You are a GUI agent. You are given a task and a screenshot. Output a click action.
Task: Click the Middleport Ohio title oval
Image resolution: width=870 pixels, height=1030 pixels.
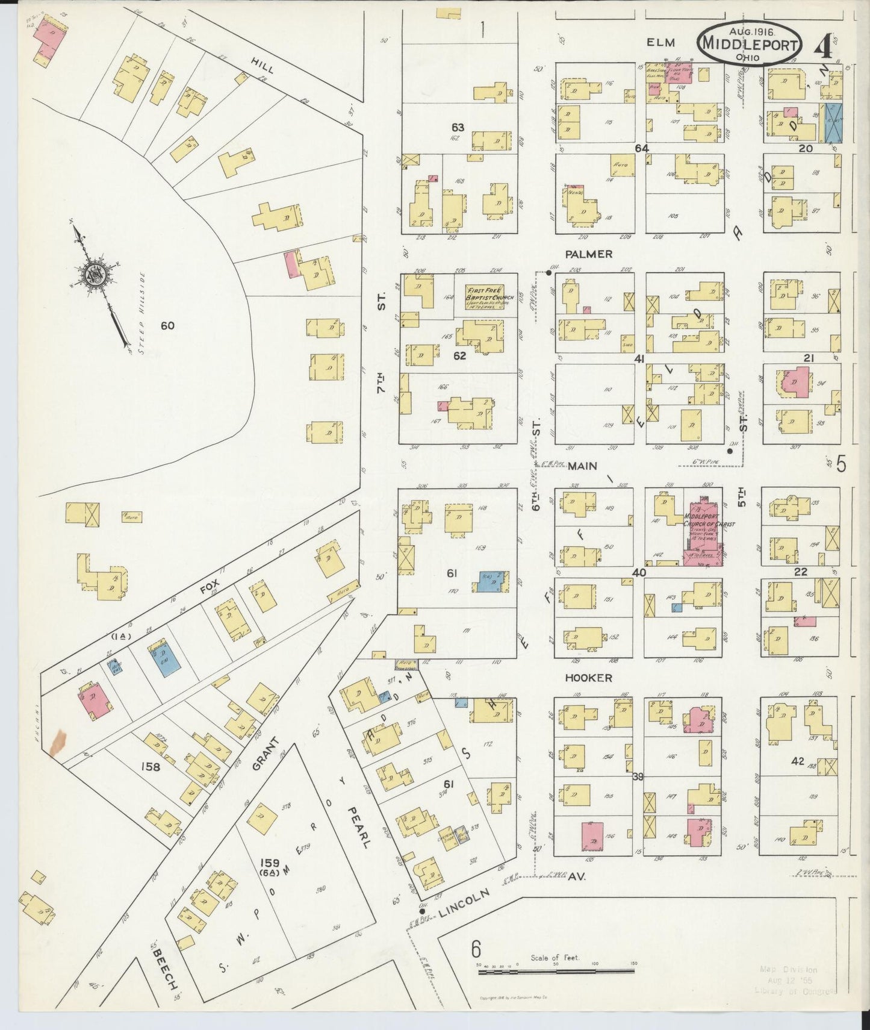(x=750, y=43)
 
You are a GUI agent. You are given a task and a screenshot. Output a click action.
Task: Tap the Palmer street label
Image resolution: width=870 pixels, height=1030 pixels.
(x=588, y=254)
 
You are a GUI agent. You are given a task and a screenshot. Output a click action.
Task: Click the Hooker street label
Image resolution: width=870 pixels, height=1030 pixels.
(x=588, y=678)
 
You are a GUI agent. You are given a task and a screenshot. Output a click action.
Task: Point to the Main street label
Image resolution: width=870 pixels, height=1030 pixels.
(x=582, y=466)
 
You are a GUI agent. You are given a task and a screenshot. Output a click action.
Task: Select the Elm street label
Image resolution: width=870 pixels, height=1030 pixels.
(x=661, y=42)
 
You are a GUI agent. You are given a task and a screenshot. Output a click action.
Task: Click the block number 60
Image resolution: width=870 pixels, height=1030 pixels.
(x=167, y=326)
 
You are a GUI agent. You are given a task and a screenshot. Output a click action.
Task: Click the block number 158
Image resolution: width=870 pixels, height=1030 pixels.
(x=149, y=767)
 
